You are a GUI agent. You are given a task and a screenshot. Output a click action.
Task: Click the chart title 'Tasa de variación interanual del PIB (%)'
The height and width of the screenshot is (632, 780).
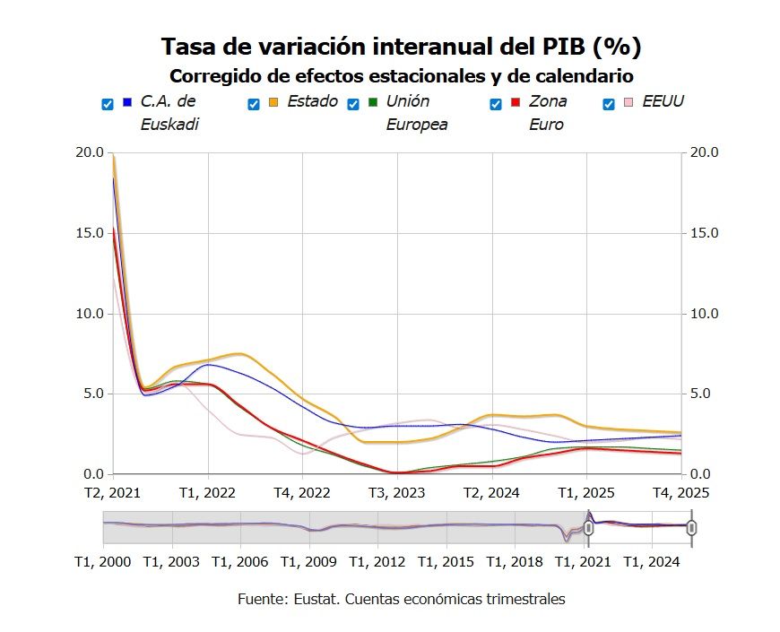tap(401, 47)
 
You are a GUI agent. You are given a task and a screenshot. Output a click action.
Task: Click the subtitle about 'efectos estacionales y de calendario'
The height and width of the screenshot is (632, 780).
tap(401, 75)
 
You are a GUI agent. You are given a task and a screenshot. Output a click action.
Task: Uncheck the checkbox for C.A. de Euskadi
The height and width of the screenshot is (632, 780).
tap(108, 104)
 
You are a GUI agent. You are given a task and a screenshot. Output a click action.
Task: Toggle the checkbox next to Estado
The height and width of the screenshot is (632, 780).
tap(254, 104)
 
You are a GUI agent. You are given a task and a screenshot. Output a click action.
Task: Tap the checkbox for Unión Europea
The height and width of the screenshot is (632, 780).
tap(353, 104)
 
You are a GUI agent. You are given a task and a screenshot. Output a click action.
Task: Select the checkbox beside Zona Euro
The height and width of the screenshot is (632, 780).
tap(496, 104)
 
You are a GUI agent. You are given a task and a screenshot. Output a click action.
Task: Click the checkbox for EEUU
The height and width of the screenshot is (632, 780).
tap(610, 104)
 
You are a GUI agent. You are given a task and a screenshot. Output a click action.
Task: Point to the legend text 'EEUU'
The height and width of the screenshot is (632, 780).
tap(663, 101)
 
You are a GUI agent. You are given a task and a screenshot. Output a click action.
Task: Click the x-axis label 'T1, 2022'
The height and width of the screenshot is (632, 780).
tap(208, 492)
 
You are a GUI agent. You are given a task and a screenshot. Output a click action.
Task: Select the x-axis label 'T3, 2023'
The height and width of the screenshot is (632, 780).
tap(397, 492)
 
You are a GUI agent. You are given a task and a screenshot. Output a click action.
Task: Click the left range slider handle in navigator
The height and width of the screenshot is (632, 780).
tap(588, 528)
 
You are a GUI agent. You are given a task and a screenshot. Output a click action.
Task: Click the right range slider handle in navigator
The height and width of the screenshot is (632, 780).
tap(691, 528)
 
